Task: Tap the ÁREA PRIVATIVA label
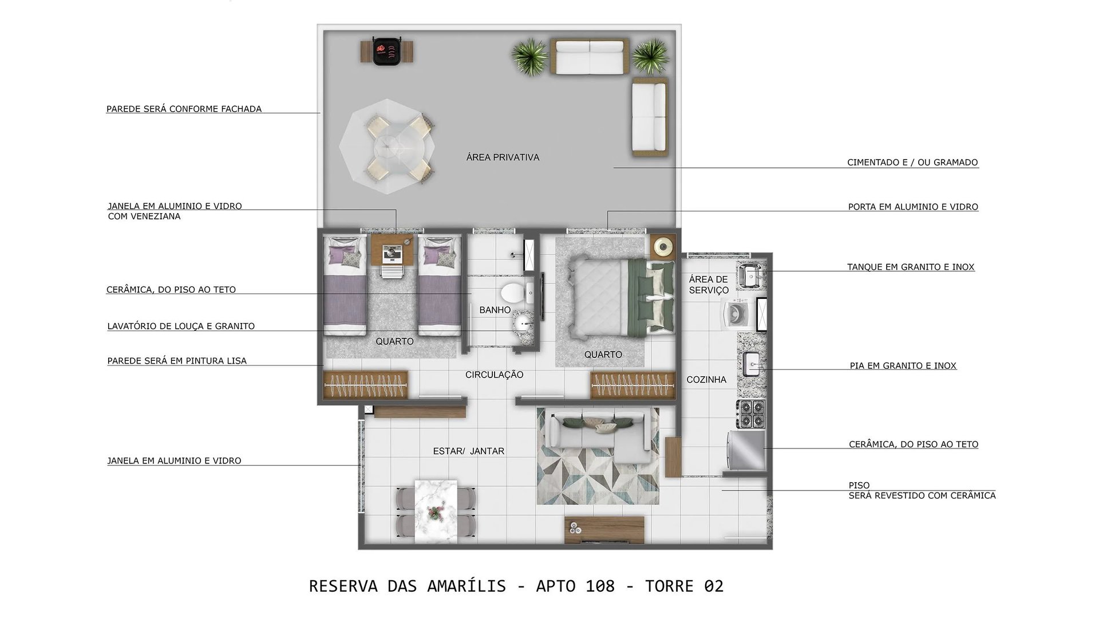coord(503,158)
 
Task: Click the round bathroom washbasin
coord(522,325)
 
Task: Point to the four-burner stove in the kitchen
coord(750,414)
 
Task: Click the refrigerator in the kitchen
coord(746,450)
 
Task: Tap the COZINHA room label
coord(706,380)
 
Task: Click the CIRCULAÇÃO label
coord(495,375)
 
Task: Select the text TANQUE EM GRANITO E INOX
coord(911,267)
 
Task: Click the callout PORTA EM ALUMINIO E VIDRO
coord(913,207)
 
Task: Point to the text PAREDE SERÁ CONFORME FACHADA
coord(184,109)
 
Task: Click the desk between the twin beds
coord(392,249)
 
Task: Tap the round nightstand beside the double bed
coord(663,247)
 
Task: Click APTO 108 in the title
coord(575,586)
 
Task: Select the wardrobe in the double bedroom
coord(632,385)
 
